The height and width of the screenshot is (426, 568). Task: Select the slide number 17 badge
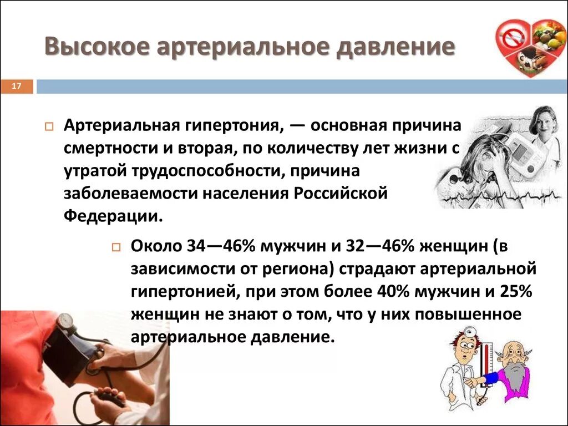pos(16,87)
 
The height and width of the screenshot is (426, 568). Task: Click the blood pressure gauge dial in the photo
pos(66,322)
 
